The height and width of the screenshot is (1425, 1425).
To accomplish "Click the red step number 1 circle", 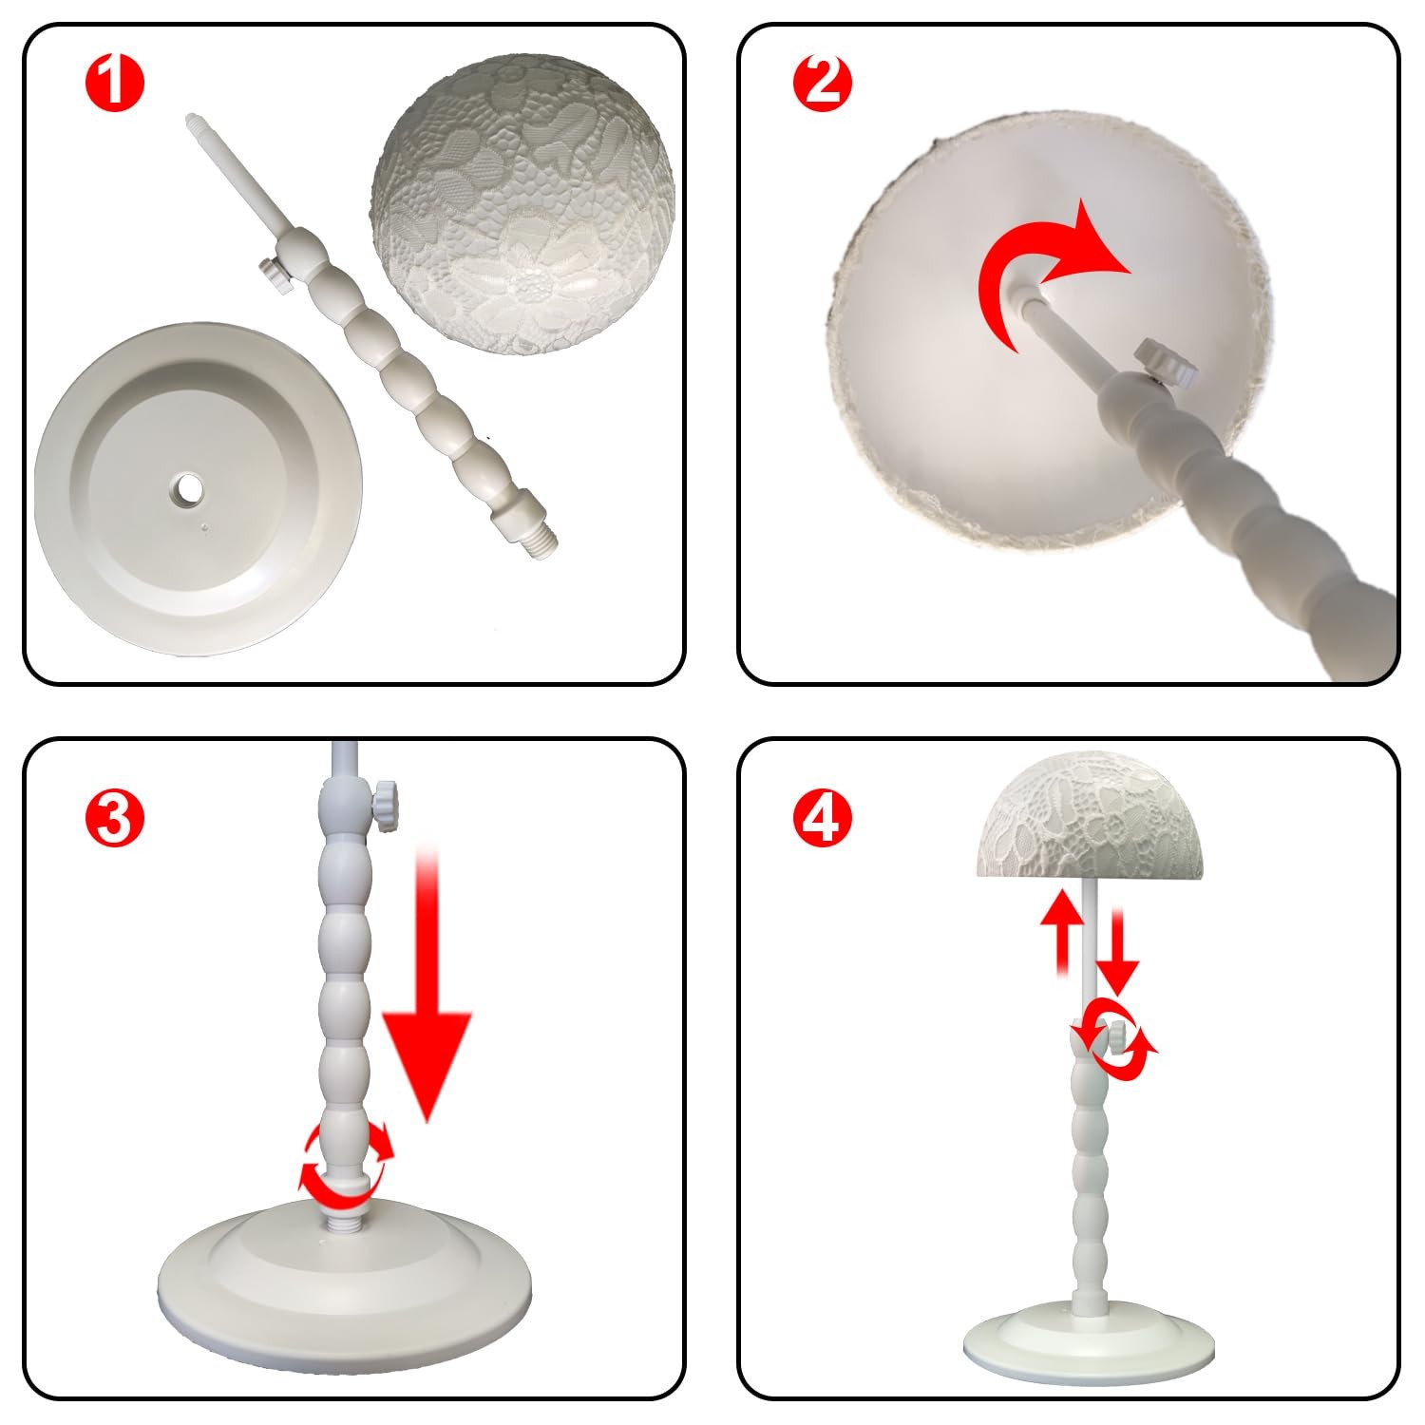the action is [115, 83].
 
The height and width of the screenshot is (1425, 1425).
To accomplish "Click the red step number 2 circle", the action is [823, 83].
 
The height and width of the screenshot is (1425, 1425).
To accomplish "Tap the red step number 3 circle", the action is [115, 818].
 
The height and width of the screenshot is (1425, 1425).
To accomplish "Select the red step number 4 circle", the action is [823, 818].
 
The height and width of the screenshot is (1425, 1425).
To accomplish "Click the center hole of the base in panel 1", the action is [186, 490].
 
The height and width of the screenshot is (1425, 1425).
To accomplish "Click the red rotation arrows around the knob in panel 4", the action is [1113, 1041].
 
